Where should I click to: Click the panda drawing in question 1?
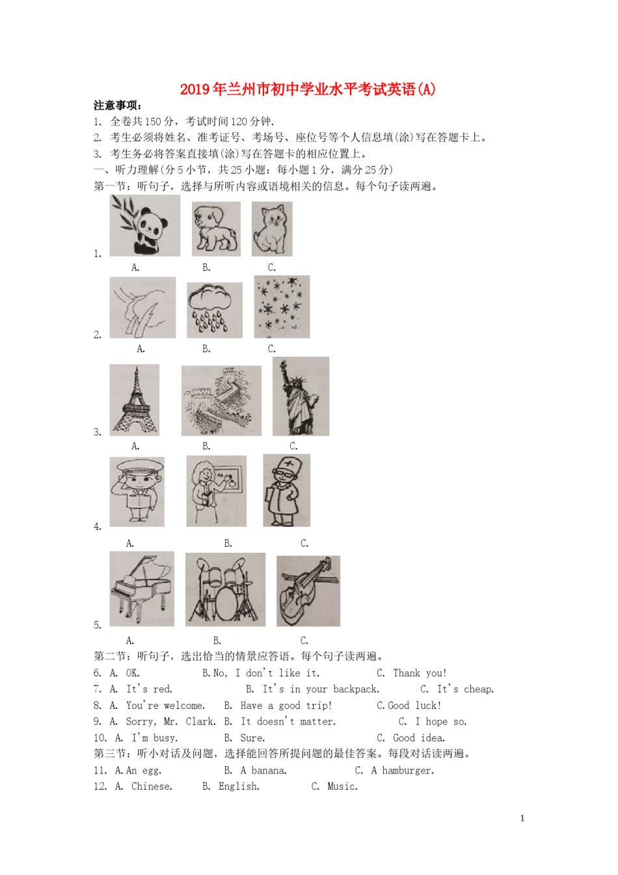(144, 226)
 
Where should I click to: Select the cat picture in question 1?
(272, 229)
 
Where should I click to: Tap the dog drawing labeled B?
(216, 229)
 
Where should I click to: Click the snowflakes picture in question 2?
(282, 307)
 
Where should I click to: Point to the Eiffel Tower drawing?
(135, 400)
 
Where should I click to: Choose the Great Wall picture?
(221, 400)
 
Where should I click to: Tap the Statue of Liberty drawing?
(301, 396)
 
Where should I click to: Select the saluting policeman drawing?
(137, 492)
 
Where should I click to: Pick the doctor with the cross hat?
(286, 490)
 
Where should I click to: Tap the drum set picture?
(225, 590)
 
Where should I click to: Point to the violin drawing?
(308, 591)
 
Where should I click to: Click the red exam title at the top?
(308, 89)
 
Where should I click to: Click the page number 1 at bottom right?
(522, 818)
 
